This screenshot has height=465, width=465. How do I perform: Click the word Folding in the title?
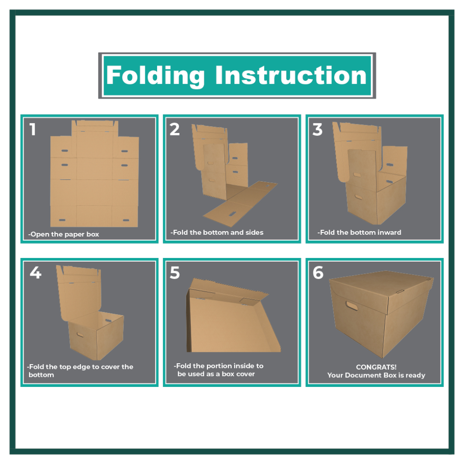coord(155,76)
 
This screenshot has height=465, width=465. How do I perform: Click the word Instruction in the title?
coord(291,75)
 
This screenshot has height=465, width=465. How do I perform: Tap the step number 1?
coord(33,129)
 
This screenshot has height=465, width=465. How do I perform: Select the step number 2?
coord(175,129)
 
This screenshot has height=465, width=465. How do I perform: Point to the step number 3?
coord(317,129)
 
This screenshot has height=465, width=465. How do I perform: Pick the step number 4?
coord(35,272)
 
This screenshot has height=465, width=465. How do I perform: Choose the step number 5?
coord(175,273)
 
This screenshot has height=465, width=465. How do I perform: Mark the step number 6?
coord(318,272)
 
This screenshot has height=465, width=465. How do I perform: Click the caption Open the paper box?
coord(64,234)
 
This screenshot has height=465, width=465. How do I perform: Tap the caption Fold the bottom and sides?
coord(217,232)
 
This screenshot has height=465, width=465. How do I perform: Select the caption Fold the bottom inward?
coord(359,232)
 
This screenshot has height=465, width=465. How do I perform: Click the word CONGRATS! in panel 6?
coord(376,367)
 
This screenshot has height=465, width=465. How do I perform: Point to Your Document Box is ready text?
coord(376,375)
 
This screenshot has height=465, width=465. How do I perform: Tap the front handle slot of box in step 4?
coord(80,335)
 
